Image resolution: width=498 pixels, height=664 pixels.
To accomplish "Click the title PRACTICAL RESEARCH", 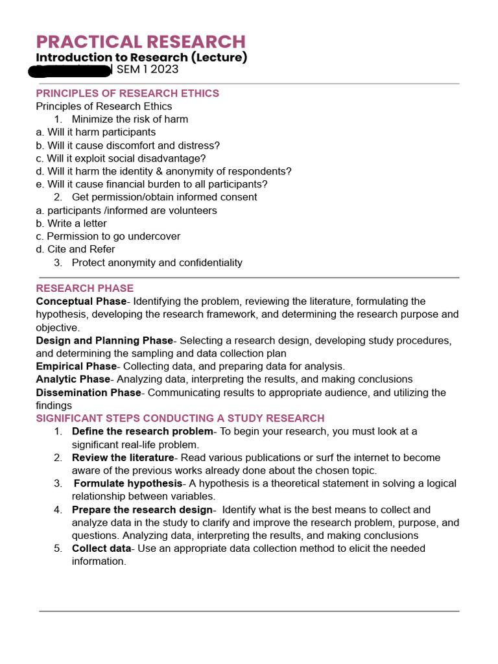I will click(141, 41).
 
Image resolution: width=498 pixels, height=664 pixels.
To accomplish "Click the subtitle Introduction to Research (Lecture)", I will click(141, 57).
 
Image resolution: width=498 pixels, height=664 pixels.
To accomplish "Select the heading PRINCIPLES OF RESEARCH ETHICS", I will click(127, 93).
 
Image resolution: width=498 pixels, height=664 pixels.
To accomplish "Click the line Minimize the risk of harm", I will click(130, 119).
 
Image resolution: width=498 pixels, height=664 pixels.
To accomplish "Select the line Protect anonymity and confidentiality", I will click(157, 263).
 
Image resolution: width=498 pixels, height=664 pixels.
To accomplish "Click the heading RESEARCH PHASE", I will click(84, 288).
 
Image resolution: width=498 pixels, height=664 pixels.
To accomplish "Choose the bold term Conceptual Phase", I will click(81, 301).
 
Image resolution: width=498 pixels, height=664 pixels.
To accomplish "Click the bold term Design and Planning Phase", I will click(104, 340).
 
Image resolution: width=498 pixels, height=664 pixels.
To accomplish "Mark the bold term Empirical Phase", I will click(76, 366).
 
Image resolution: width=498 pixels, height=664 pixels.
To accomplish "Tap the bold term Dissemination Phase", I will click(88, 392).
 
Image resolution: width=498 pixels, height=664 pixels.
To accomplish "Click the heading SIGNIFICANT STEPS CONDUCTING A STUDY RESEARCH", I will click(180, 418).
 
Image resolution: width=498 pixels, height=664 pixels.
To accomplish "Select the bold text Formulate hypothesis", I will click(128, 483).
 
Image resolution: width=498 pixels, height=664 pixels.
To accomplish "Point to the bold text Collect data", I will click(101, 549).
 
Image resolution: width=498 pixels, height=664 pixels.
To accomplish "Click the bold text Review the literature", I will click(123, 457).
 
